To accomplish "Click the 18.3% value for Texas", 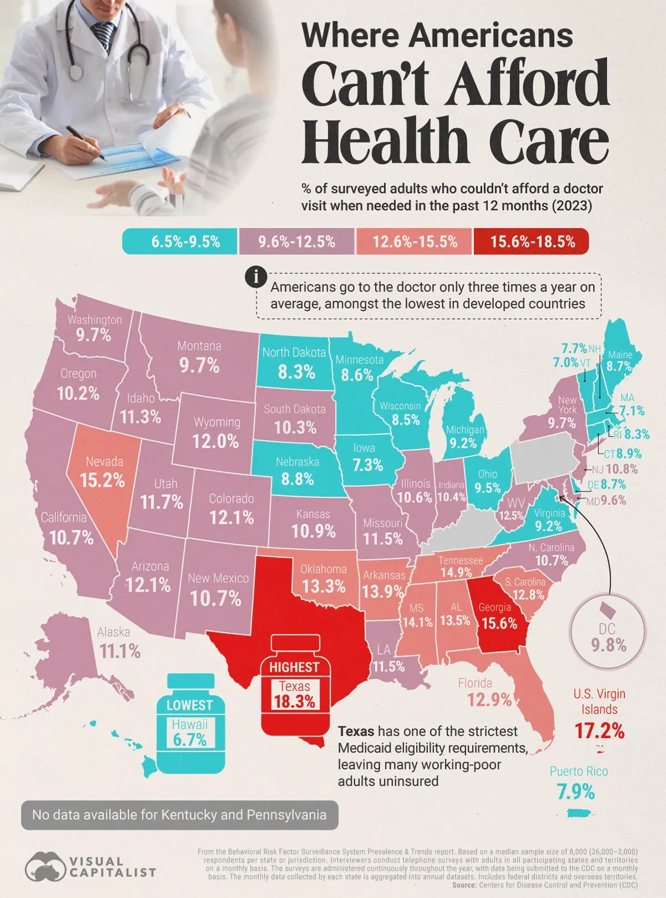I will pyautogui.click(x=294, y=701).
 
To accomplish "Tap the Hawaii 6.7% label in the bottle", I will pyautogui.click(x=190, y=733).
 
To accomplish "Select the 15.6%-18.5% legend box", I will pyautogui.click(x=532, y=242).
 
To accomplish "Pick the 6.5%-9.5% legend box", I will pyautogui.click(x=180, y=242).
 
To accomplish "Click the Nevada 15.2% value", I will pyautogui.click(x=103, y=480).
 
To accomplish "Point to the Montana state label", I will pyautogui.click(x=199, y=346).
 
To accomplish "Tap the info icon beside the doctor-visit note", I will pyautogui.click(x=256, y=277).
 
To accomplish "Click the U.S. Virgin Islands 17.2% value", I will pyautogui.click(x=599, y=731).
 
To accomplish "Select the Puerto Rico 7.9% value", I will pyautogui.click(x=576, y=792).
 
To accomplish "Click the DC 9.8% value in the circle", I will pyautogui.click(x=609, y=645).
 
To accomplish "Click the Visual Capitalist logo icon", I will pyautogui.click(x=44, y=866).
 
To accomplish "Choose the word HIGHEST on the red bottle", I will pyautogui.click(x=294, y=667).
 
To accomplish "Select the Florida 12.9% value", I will pyautogui.click(x=489, y=700).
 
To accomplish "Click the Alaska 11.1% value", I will pyautogui.click(x=120, y=651).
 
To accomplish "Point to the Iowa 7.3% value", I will pyautogui.click(x=367, y=464).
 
